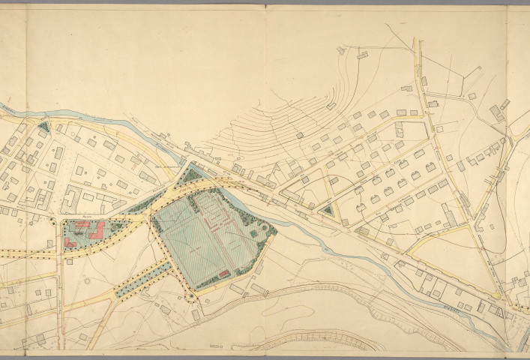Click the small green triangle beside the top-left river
[43, 127]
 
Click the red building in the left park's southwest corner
[70, 243]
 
